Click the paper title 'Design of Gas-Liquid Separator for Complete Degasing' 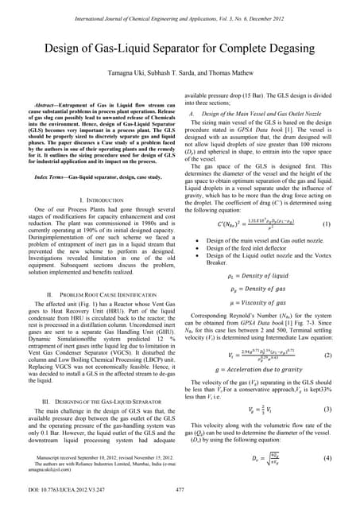(x=180, y=41)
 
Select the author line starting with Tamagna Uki (x=180, y=67)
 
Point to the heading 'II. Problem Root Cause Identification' (x=94, y=293)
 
